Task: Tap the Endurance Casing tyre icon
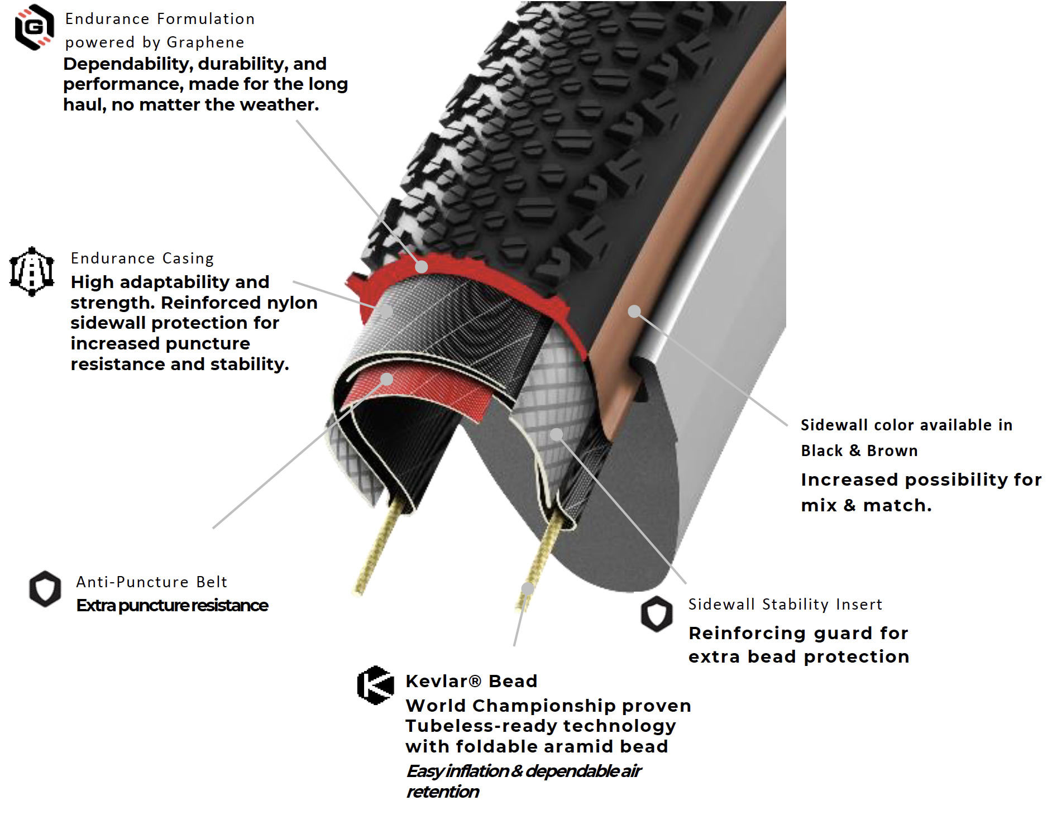(32, 271)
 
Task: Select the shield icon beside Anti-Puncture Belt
(45, 588)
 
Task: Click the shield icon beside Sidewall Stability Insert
(657, 613)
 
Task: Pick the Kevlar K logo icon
(375, 685)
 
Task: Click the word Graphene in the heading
(205, 42)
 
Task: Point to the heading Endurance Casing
(142, 258)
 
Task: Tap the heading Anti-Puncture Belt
(152, 582)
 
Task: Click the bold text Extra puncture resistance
(172, 606)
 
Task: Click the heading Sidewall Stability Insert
(785, 605)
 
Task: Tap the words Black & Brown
(859, 450)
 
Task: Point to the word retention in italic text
(442, 792)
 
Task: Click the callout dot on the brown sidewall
(634, 311)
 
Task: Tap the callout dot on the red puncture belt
(386, 380)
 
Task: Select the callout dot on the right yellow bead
(528, 588)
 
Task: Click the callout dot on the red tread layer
(422, 267)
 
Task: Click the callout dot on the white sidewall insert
(556, 434)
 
